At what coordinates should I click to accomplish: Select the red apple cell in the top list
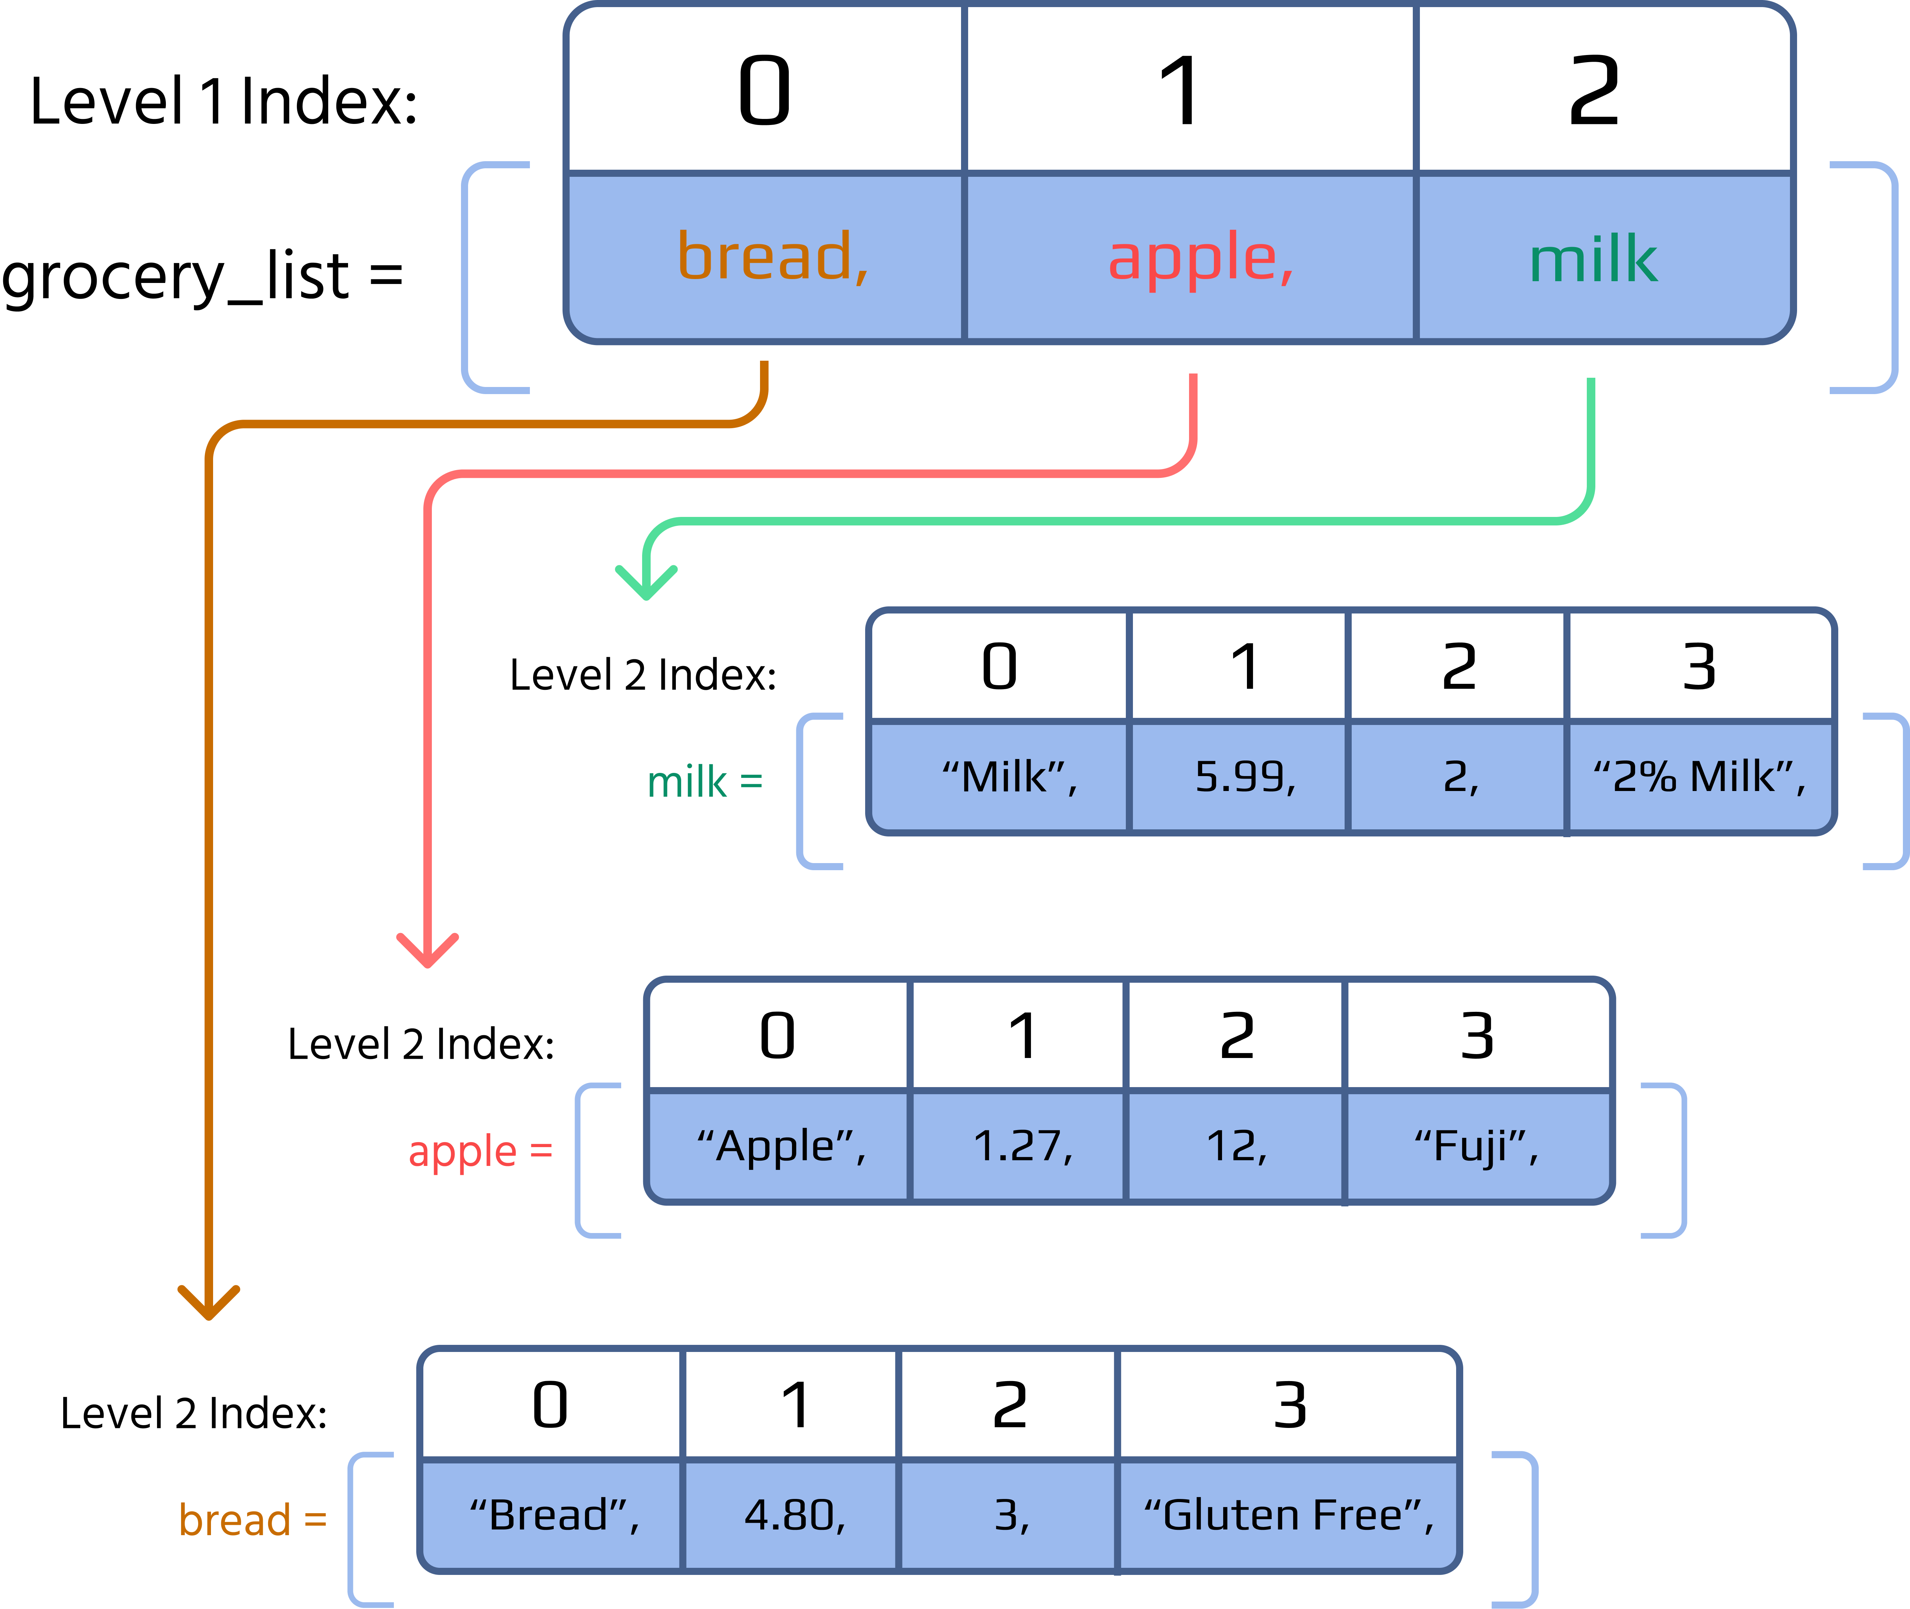[x=1200, y=258]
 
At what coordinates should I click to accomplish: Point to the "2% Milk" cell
[x=1699, y=777]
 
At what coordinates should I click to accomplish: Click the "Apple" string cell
[x=781, y=1146]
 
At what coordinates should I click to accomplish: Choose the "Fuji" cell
[x=1476, y=1146]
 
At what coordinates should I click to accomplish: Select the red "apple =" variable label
[x=480, y=1151]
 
